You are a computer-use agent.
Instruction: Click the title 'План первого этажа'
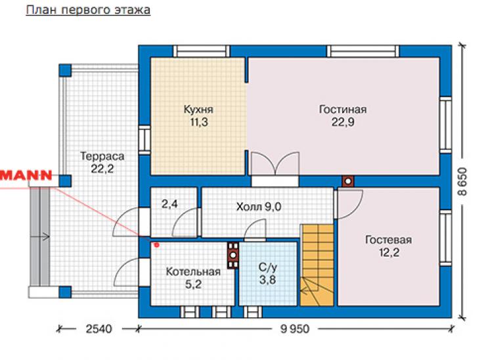pos(88,11)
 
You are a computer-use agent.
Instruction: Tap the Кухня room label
pos(198,110)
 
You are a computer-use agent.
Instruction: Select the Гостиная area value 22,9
pos(343,122)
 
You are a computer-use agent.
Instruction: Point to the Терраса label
pos(102,156)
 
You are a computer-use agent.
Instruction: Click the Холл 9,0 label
pos(259,206)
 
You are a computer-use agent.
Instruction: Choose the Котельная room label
pos(193,271)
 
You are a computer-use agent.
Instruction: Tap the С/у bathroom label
pos(268,267)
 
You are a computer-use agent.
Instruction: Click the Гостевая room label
pos(389,240)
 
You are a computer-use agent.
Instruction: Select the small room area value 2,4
pos(169,204)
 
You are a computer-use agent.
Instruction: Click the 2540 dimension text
pos(99,328)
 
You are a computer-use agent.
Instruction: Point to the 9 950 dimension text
pos(295,328)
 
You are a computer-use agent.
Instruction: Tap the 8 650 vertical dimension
pos(462,181)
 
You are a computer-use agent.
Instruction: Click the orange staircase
pos(317,265)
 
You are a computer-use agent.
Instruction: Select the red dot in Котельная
pos(156,245)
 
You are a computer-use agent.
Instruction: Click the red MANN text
pos(26,175)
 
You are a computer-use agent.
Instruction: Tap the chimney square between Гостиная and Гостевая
pos(348,181)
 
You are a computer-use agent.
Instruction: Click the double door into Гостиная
pos(275,164)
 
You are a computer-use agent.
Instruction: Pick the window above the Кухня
pos(201,51)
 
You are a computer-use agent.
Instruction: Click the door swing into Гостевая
pos(349,204)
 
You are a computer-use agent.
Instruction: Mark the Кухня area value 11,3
pos(199,122)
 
